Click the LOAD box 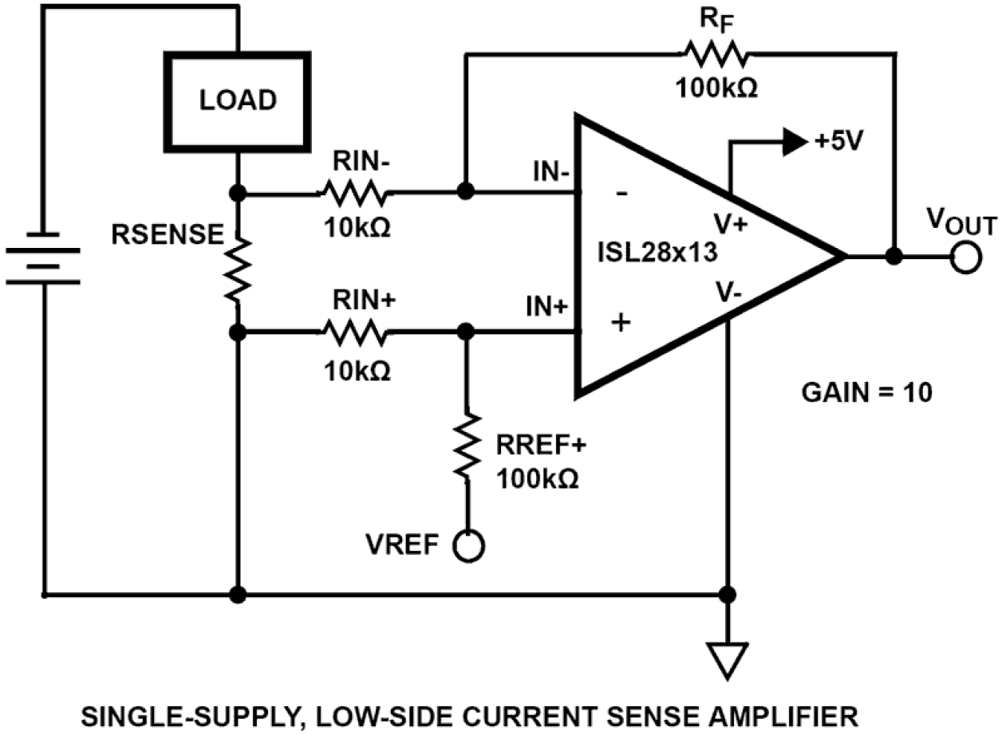[x=237, y=101]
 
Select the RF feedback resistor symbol [x=715, y=55]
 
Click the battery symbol [x=44, y=258]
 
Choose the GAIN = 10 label [x=865, y=393]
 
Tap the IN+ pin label [x=547, y=306]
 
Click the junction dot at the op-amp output [x=895, y=257]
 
